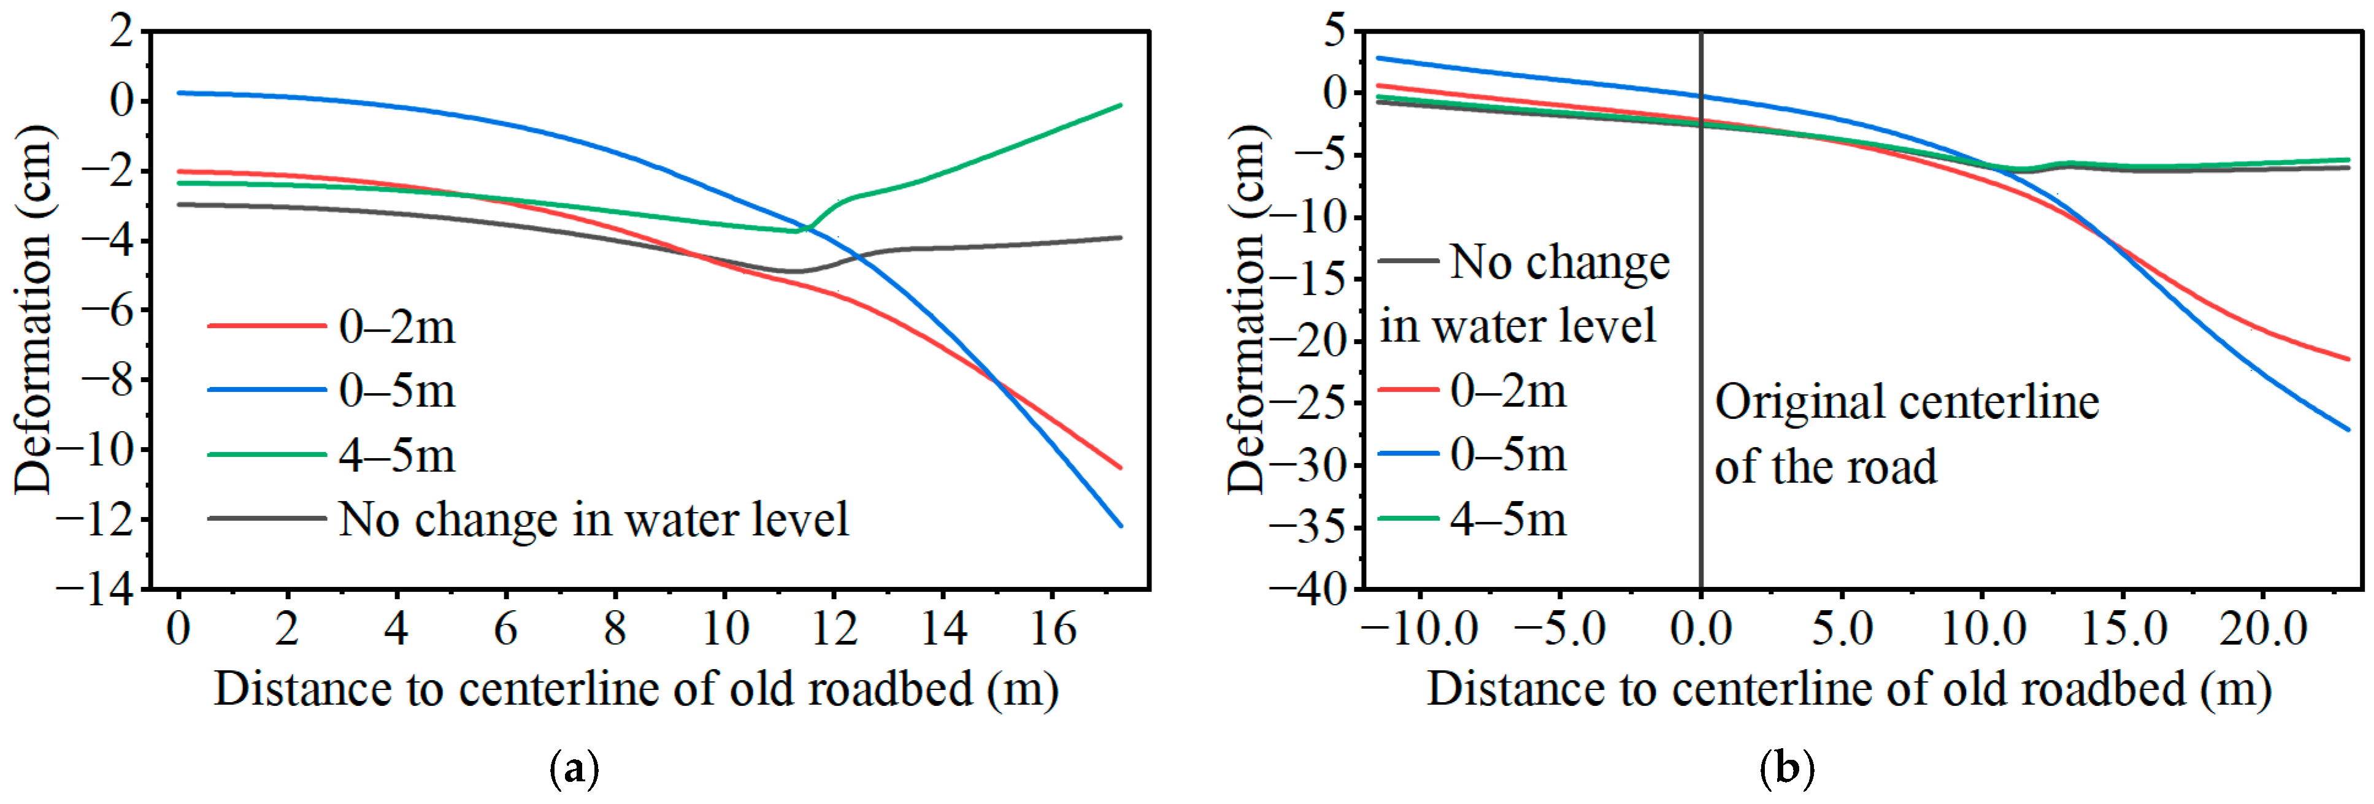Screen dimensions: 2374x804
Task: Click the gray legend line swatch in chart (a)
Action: coord(267,518)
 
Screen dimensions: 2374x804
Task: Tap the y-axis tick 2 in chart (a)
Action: coord(121,31)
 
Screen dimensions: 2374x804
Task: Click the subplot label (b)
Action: coord(1787,768)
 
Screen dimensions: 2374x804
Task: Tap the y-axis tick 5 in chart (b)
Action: coord(1336,31)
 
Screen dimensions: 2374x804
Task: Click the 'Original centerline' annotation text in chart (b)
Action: coord(1907,402)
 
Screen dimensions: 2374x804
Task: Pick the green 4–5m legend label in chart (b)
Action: coord(1508,519)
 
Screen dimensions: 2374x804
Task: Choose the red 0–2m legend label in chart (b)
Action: coord(1508,391)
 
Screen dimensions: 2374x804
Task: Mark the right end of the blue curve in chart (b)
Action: coord(2349,429)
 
